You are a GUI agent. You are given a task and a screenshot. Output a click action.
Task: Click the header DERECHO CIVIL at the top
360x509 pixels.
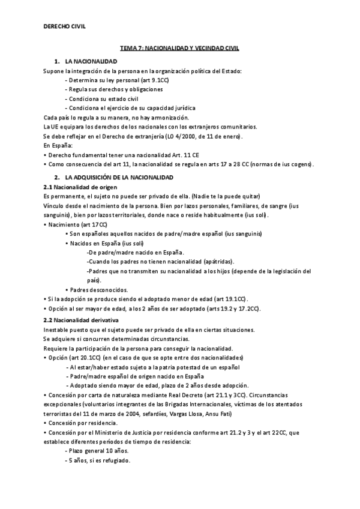[65, 26]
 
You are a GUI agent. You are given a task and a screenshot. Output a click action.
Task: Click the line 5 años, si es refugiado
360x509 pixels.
[98, 460]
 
